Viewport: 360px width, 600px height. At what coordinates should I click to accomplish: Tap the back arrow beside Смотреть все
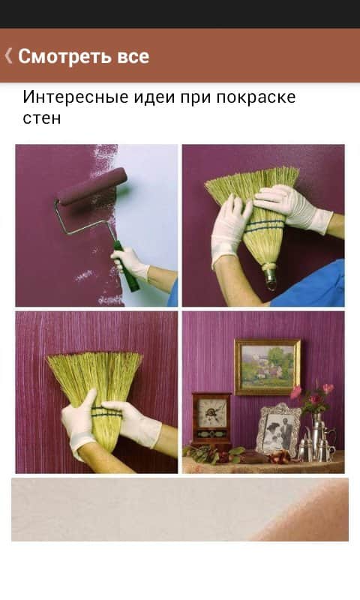8,55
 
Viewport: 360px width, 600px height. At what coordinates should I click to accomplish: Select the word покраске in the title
256,97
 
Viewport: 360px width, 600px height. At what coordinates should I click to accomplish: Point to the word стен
42,118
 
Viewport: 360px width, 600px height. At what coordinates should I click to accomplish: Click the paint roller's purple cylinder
92,185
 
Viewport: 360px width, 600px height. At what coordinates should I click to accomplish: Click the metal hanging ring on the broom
271,281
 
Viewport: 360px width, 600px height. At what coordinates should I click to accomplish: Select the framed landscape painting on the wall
268,367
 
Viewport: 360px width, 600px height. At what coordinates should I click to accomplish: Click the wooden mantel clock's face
211,413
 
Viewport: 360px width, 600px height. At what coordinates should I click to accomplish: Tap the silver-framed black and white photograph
278,430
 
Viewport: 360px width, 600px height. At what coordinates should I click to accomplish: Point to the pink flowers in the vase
312,394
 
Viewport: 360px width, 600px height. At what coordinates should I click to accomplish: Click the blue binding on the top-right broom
264,226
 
